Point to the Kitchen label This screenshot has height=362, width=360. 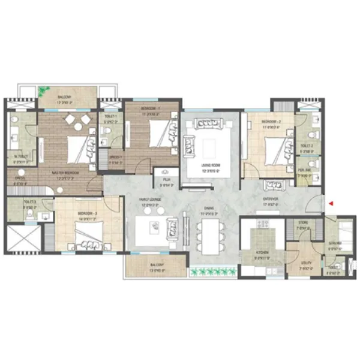(x=262, y=253)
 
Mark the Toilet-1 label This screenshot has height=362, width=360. (x=110, y=118)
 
